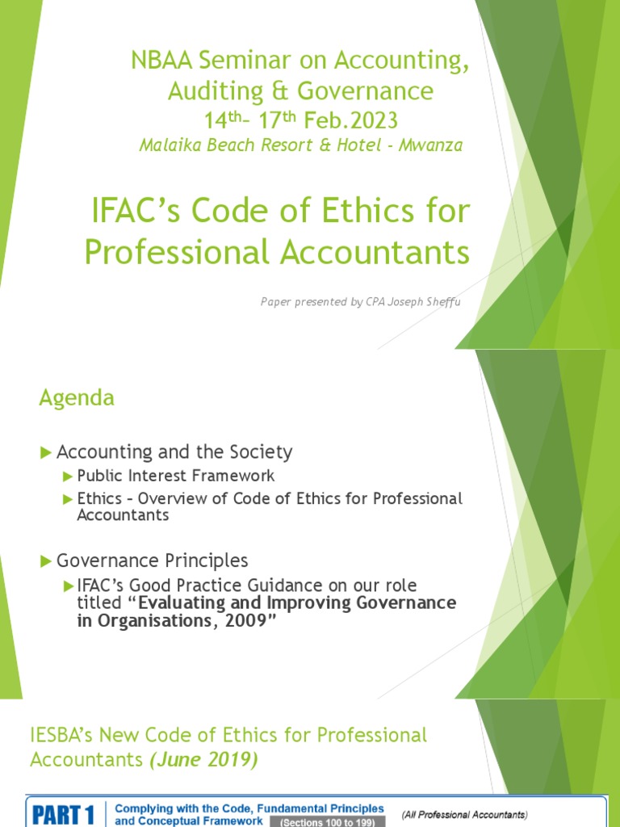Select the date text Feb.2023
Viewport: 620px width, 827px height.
[352, 120]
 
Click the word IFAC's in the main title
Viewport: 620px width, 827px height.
[139, 212]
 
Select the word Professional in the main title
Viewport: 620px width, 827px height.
[178, 252]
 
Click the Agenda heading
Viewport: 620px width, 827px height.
[77, 397]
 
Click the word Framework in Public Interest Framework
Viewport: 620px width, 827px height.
[235, 476]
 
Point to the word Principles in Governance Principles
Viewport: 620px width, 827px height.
[206, 560]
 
